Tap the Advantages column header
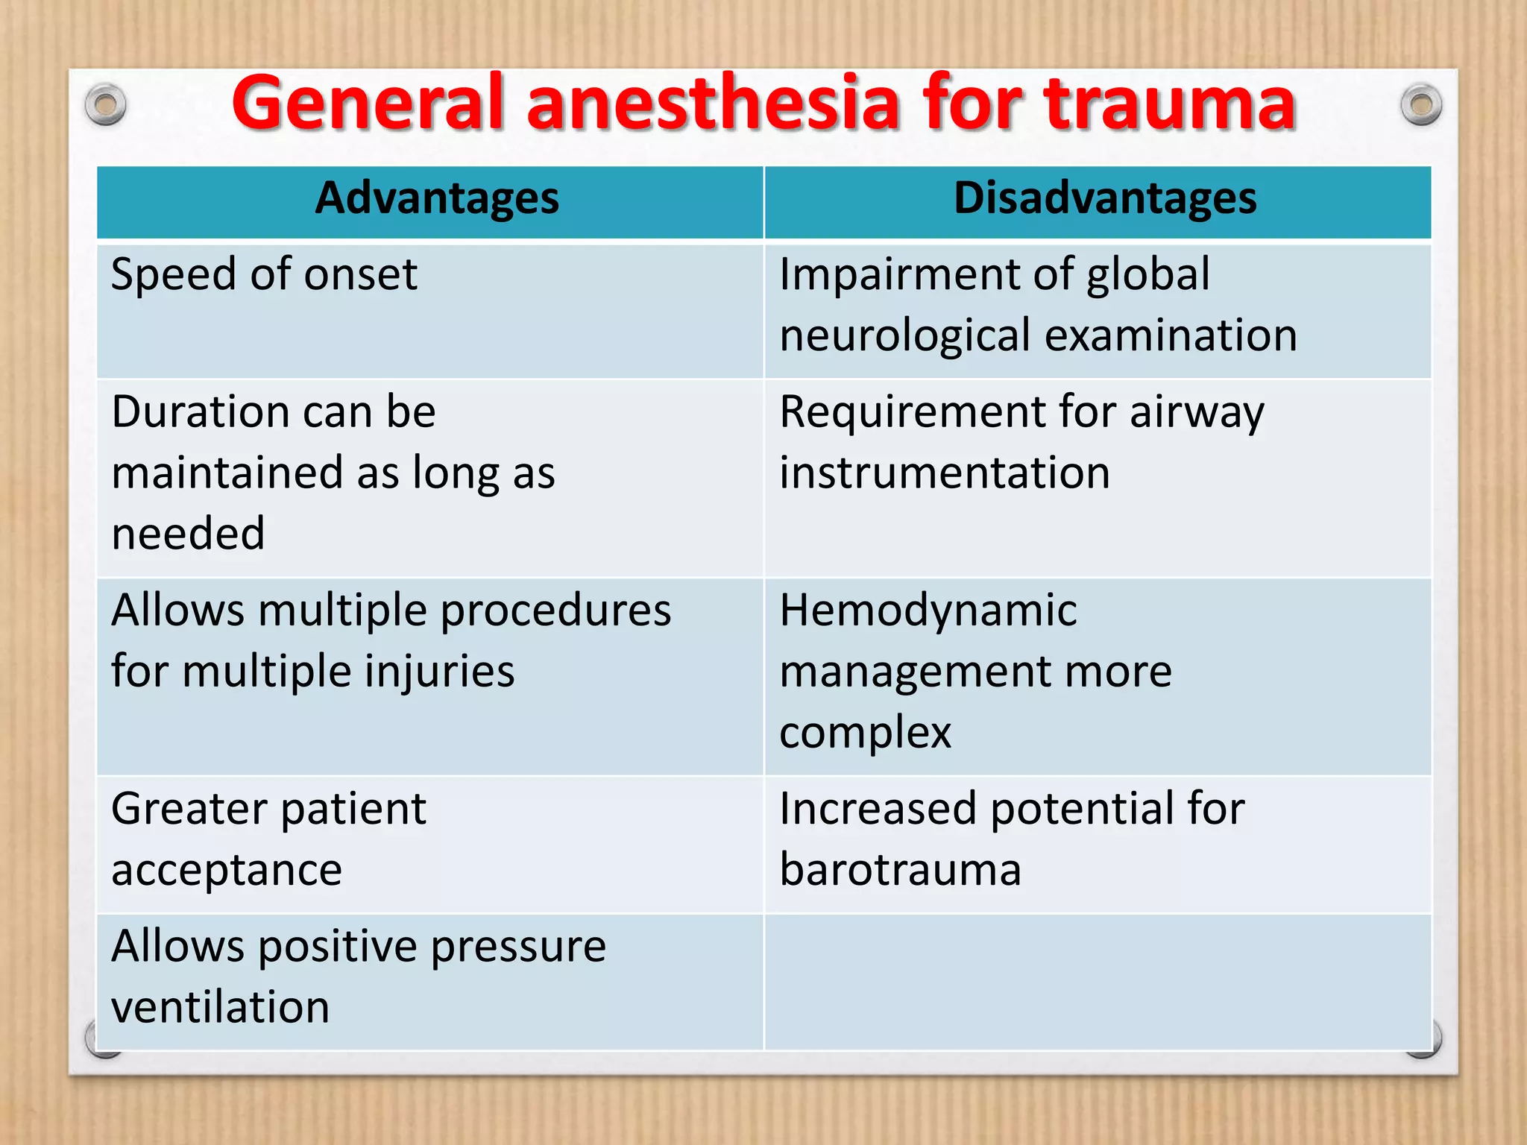pyautogui.click(x=437, y=199)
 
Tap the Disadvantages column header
pyautogui.click(x=1105, y=199)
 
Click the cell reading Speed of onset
pyautogui.click(x=265, y=275)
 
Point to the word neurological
pyautogui.click(x=904, y=336)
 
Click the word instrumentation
pyautogui.click(x=945, y=473)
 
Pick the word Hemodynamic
pyautogui.click(x=928, y=611)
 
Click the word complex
pyautogui.click(x=865, y=733)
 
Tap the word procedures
pyautogui.click(x=555, y=611)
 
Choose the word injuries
pyautogui.click(x=440, y=672)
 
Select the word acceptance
pyautogui.click(x=227, y=871)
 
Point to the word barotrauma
pyautogui.click(x=900, y=871)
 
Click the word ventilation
pyautogui.click(x=221, y=1008)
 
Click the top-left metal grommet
pyautogui.click(x=105, y=105)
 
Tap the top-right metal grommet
pyautogui.click(x=1421, y=105)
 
